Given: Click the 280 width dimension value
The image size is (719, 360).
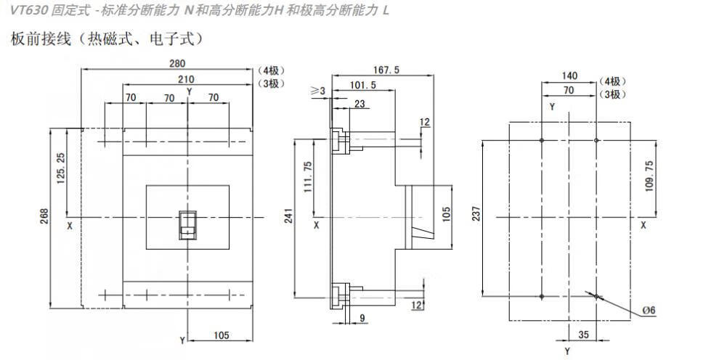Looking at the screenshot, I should [168, 63].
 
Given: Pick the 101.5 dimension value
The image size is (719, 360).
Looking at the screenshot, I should [362, 85].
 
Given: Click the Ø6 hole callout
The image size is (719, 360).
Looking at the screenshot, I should [649, 311].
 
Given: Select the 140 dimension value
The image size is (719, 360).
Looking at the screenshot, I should [570, 75].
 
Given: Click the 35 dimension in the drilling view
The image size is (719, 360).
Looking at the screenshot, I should [582, 335].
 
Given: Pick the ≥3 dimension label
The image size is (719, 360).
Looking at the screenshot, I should [318, 91].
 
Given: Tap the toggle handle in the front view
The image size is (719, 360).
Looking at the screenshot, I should [188, 224].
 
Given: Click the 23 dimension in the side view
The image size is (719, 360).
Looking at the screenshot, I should [360, 105].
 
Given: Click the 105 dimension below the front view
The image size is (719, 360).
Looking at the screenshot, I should [222, 335].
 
